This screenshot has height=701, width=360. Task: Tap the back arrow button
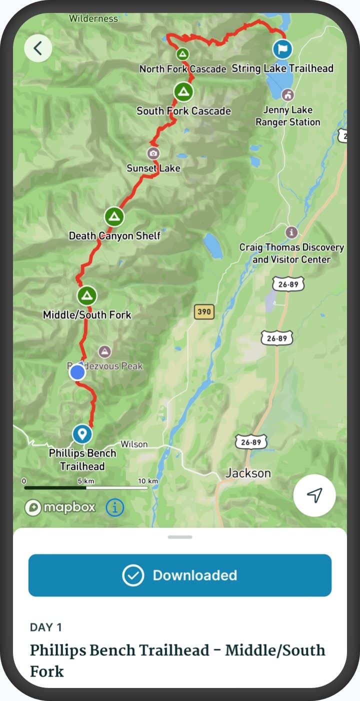coord(38,48)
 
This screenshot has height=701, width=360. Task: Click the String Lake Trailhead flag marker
coord(282,49)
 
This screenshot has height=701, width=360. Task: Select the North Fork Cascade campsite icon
coord(183,53)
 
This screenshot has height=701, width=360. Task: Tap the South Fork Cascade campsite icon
coord(183,91)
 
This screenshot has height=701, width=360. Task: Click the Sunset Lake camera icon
coord(153,153)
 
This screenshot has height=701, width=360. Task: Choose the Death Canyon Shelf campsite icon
coord(114,217)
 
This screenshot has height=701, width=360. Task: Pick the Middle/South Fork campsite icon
coord(87,295)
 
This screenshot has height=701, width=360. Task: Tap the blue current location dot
coord(77,372)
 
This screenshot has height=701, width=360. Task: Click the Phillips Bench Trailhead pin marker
coord(82,433)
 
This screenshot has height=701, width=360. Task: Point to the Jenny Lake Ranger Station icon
coord(288,94)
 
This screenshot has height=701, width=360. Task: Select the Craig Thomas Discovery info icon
coord(291,232)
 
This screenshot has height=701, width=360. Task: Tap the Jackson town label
coord(248,473)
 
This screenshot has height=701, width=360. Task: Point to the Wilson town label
coord(134,444)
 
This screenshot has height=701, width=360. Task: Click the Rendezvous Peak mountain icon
coord(105,351)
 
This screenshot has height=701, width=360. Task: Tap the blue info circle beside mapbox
coord(115,507)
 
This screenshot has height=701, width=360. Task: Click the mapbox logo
coord(60,507)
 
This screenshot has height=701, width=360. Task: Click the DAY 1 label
coord(46,627)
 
